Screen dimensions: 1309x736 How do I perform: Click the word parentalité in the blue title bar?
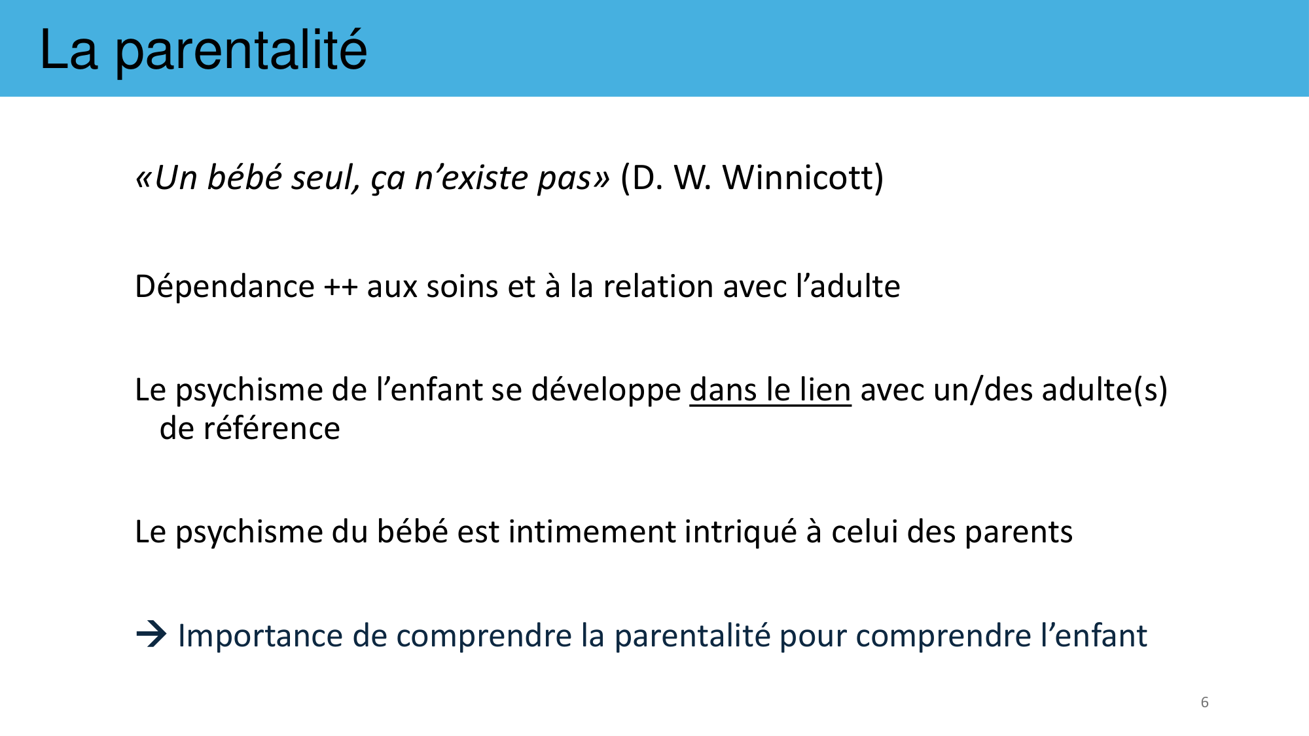point(241,51)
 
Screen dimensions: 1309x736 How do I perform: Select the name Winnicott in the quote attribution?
point(803,177)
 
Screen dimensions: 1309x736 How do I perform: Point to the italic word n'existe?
point(470,177)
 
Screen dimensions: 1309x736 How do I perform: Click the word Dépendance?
point(224,287)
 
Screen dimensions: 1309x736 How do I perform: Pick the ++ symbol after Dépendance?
point(340,288)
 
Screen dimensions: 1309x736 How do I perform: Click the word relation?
point(658,287)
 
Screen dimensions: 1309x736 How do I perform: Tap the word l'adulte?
point(848,286)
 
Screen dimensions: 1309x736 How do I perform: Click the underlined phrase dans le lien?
point(770,390)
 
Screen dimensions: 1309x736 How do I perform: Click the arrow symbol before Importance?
point(151,634)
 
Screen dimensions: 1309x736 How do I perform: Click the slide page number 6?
point(1204,702)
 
